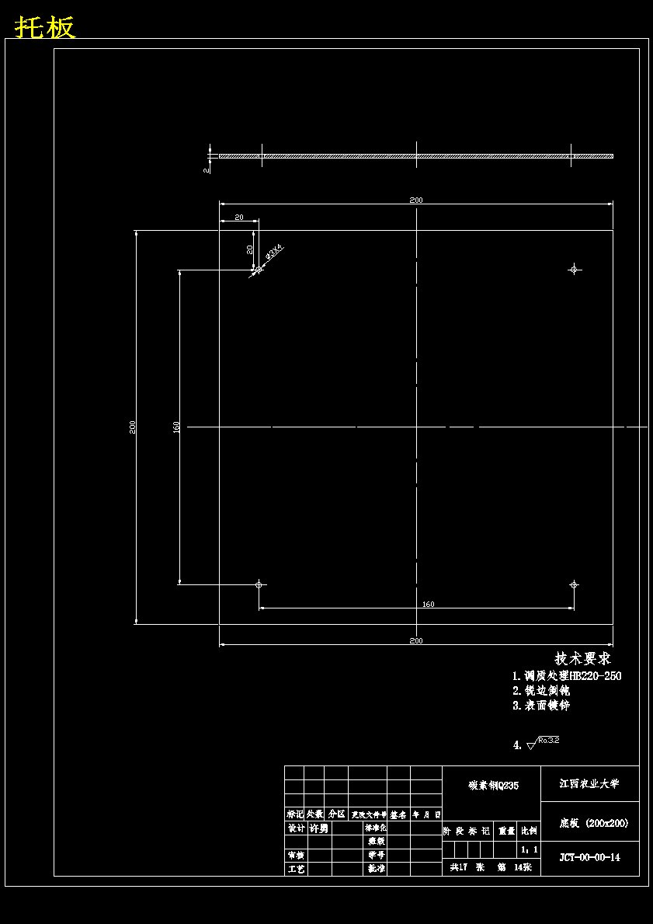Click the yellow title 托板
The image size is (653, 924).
[x=45, y=27]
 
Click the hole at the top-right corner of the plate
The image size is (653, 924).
[x=574, y=269]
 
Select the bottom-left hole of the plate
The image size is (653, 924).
[x=259, y=584]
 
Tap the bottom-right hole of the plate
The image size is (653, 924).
[x=574, y=584]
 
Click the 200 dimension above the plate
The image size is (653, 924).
[x=416, y=200]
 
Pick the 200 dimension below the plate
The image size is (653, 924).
[x=416, y=640]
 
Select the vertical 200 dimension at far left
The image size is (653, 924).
[x=134, y=427]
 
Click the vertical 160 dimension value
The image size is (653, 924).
[x=177, y=427]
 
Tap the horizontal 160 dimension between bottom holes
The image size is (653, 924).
[x=428, y=604]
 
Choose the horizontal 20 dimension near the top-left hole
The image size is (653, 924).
[x=238, y=218]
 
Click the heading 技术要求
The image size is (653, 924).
[x=582, y=658]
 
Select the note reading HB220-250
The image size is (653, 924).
[x=567, y=676]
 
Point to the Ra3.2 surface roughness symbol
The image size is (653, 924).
[x=543, y=743]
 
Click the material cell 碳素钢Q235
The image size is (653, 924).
[x=493, y=786]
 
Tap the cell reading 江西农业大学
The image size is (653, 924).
[x=589, y=783]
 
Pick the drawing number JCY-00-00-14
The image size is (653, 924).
[x=589, y=857]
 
